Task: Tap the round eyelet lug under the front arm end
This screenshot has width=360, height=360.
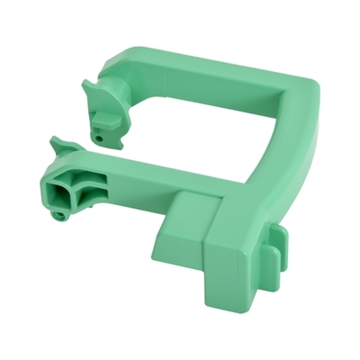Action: point(60,215)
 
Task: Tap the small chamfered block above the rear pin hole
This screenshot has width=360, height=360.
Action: point(106,118)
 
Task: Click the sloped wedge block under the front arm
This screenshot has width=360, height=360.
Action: point(184,216)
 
